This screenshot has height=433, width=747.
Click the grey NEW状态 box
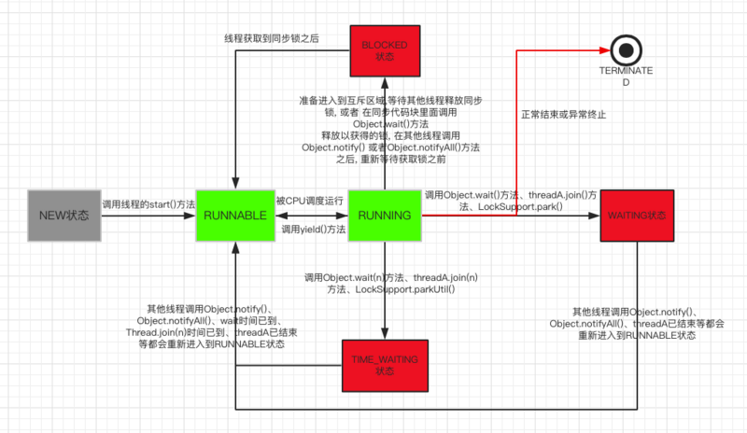63,215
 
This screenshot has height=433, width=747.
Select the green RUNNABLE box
235,215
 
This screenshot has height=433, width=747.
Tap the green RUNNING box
386,215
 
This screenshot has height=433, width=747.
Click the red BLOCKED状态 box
386,50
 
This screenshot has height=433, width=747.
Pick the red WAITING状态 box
638,215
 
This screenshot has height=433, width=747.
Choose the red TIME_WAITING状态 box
386,365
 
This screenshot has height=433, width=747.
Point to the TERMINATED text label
623,76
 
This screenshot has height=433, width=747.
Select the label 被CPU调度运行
311,201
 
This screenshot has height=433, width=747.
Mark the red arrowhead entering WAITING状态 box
594,216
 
